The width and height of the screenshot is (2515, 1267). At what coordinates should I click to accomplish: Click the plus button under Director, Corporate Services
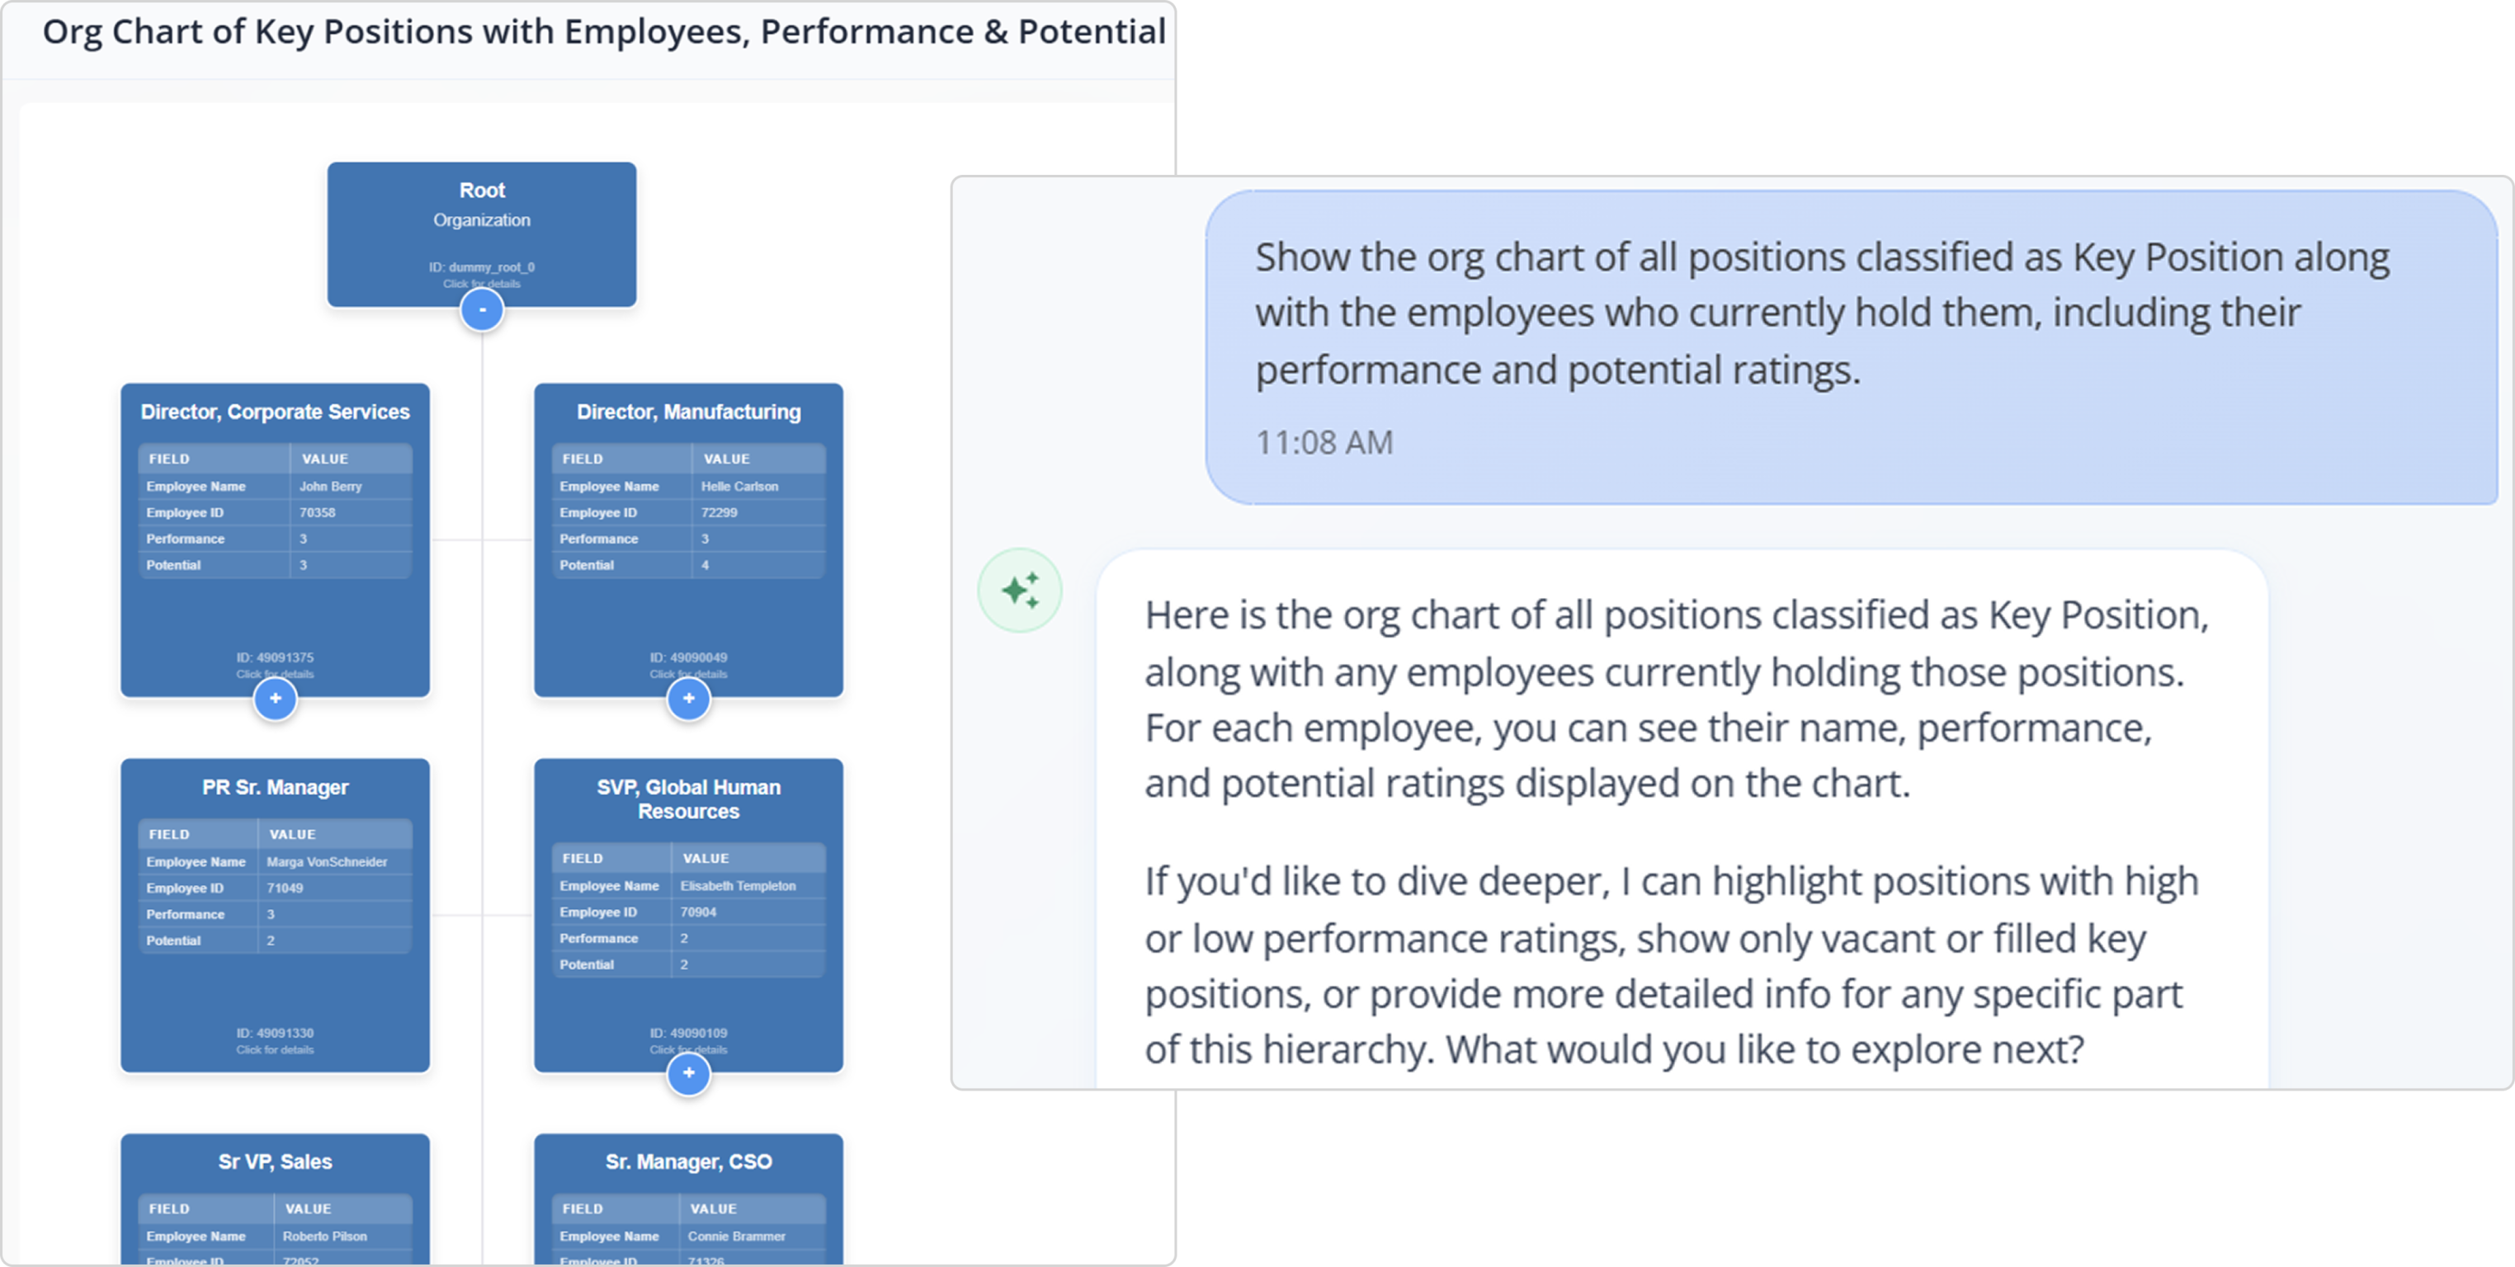coord(276,699)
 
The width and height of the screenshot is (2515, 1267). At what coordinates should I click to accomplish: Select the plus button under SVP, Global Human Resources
coord(688,1074)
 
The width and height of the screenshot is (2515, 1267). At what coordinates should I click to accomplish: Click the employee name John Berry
coord(330,486)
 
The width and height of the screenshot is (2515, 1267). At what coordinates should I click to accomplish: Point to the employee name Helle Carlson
coord(739,486)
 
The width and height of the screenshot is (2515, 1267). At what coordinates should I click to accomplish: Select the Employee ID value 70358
coord(318,512)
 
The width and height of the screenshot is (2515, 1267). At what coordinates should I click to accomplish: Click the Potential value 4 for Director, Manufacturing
coord(705,565)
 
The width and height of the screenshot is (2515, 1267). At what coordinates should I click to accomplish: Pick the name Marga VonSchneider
coord(326,862)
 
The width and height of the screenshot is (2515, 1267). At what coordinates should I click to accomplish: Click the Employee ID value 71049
coord(285,888)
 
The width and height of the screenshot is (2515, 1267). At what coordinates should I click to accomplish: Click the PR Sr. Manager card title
coord(276,788)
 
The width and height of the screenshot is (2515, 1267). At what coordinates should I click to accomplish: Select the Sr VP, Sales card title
coord(276,1161)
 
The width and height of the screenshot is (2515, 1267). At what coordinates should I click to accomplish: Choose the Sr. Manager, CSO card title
coord(688,1161)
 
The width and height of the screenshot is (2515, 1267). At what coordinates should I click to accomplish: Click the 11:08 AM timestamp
coord(1324,443)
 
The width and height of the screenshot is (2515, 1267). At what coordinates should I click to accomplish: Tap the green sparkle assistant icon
coord(1020,591)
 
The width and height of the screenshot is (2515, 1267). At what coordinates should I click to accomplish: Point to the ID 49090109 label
coord(688,1033)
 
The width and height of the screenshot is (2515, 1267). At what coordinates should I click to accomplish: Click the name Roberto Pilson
coord(324,1236)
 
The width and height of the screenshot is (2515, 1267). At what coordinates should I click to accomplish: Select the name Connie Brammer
coord(736,1236)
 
